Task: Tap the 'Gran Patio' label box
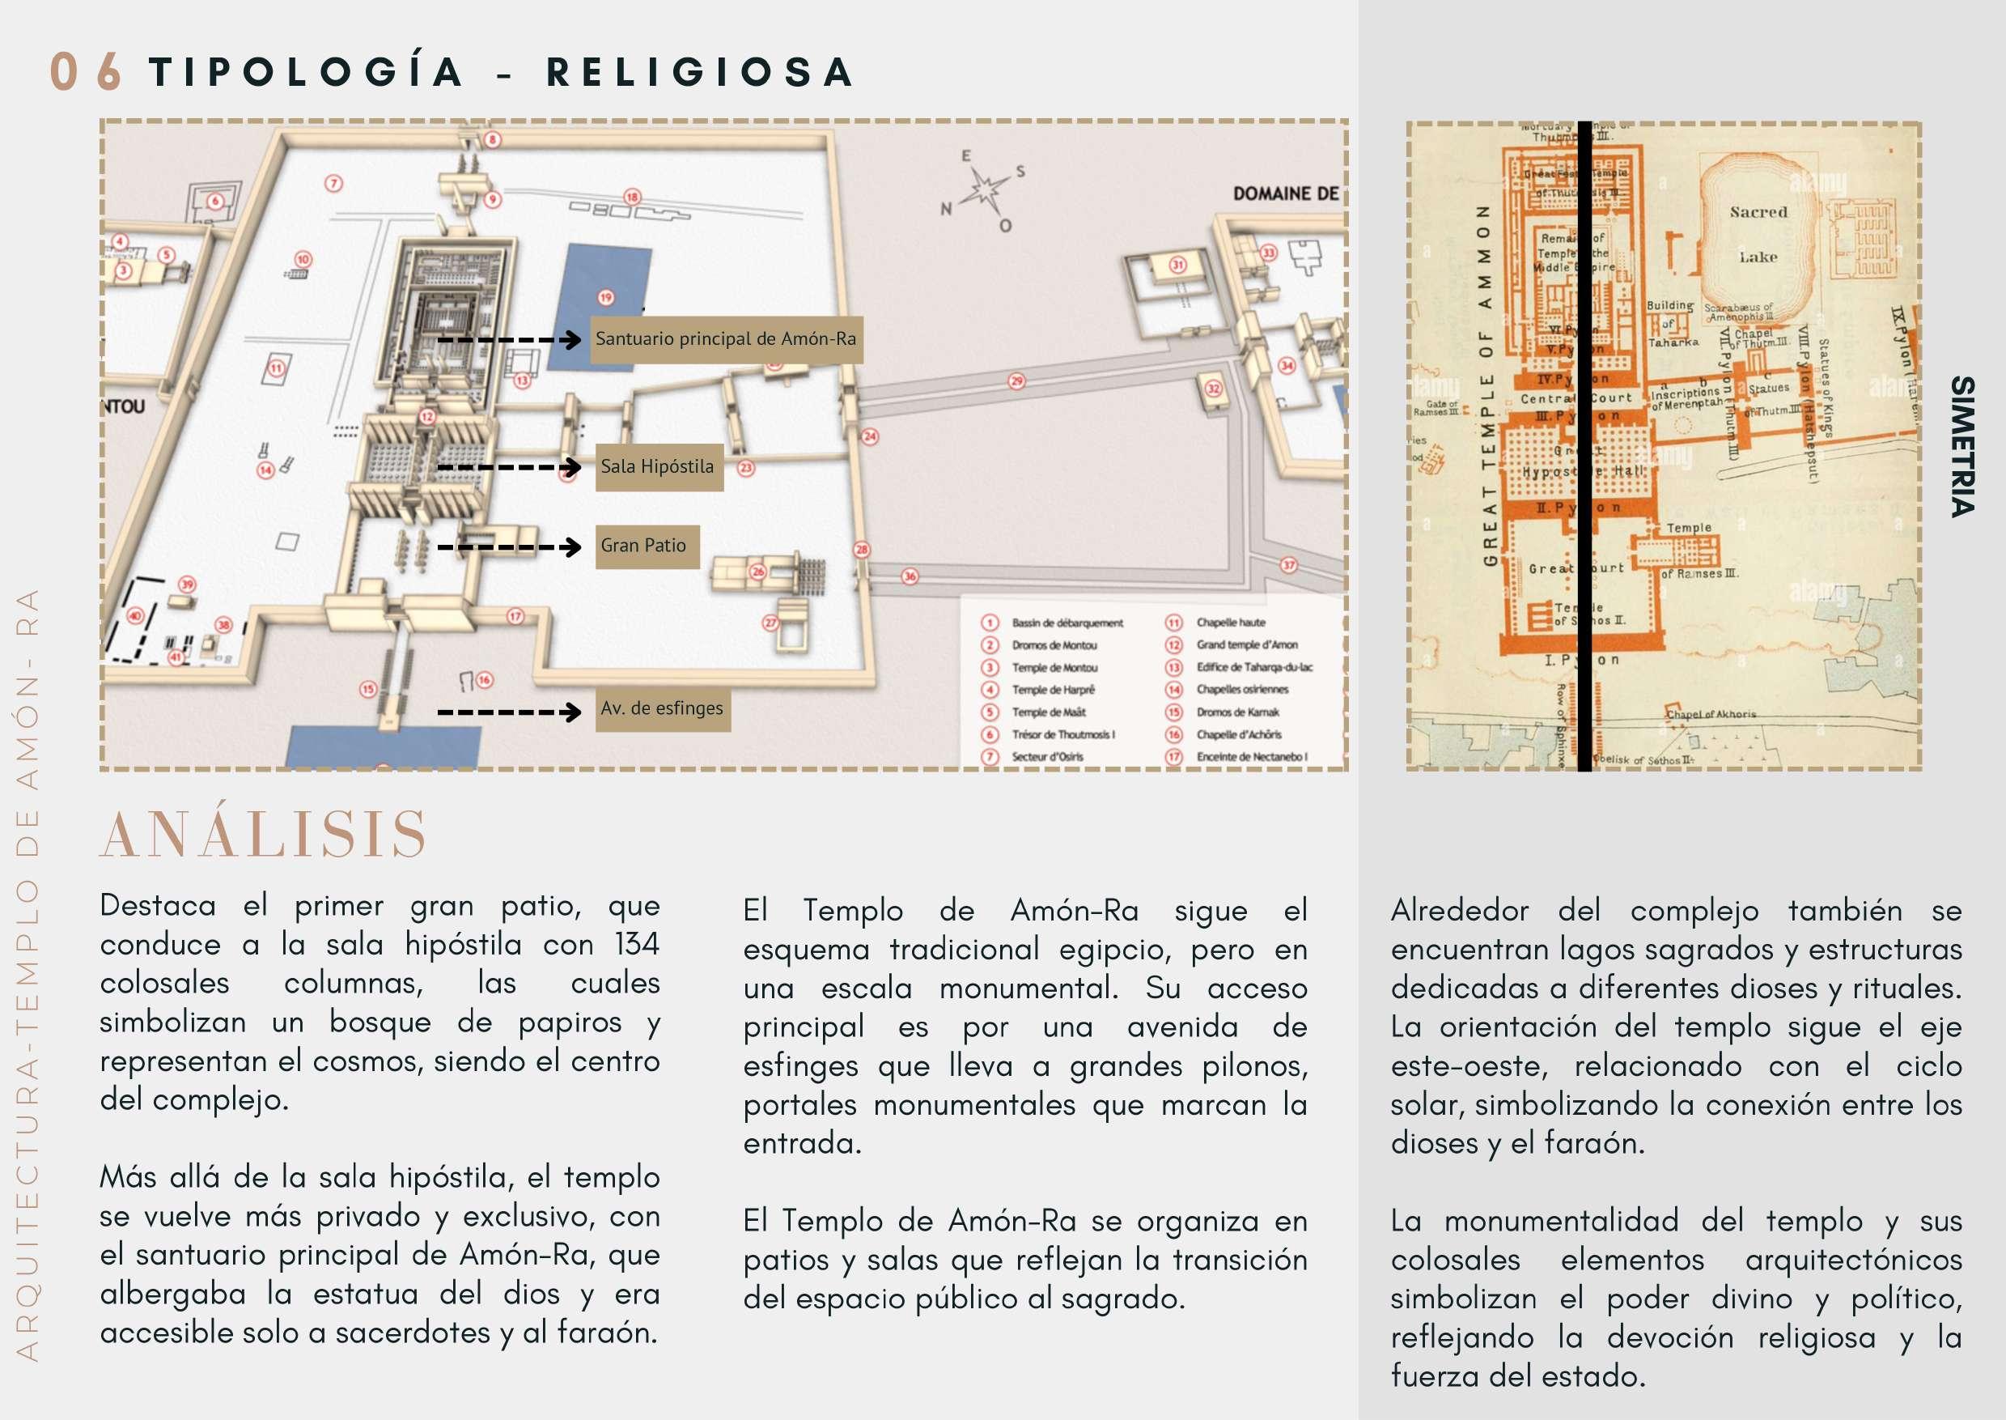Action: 646,546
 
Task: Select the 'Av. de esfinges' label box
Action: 663,708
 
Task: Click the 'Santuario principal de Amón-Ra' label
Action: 727,339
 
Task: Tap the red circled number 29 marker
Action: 1016,381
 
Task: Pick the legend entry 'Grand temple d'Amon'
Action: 1246,645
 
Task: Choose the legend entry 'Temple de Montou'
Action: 1054,667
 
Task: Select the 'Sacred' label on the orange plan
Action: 1758,212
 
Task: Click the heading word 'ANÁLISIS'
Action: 263,834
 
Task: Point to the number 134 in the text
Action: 636,944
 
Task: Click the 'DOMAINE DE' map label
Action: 1285,194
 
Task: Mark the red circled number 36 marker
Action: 910,577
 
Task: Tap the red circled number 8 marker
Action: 493,140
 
